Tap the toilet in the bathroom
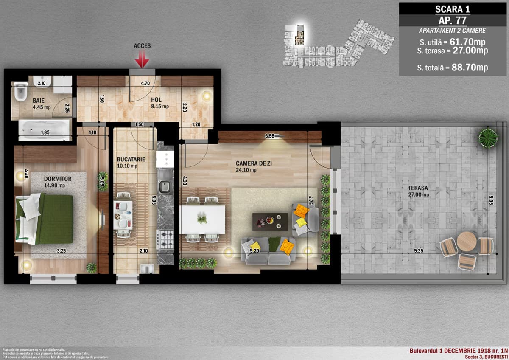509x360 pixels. (x=19, y=92)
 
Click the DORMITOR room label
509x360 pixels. (x=58, y=179)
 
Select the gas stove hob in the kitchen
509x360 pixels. (x=165, y=239)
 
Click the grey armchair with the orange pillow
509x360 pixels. (x=304, y=219)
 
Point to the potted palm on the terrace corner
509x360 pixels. (x=488, y=138)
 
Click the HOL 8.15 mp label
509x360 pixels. (x=160, y=104)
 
